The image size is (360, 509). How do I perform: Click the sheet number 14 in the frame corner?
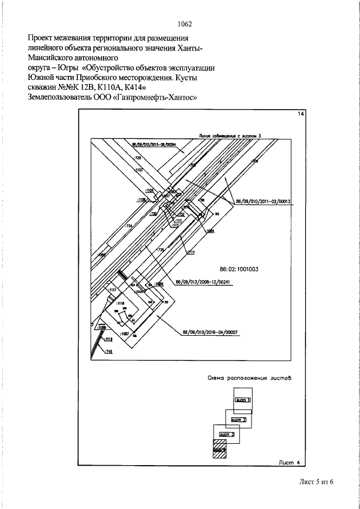[301, 115]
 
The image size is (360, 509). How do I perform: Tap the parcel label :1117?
[112, 290]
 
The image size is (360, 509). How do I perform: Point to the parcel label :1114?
[191, 251]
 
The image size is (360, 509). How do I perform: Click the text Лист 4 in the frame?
[291, 462]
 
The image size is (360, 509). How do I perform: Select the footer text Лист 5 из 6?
[317, 483]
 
